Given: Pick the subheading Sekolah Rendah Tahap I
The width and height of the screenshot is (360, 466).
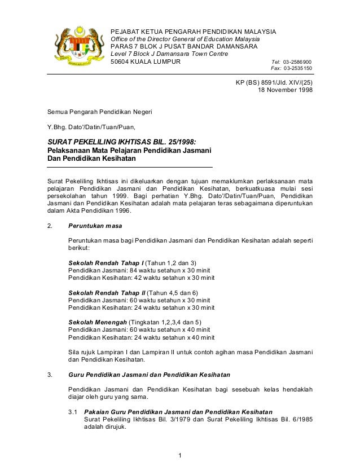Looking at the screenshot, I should click(106, 263).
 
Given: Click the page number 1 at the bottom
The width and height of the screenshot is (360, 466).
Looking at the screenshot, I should click(179, 455).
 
